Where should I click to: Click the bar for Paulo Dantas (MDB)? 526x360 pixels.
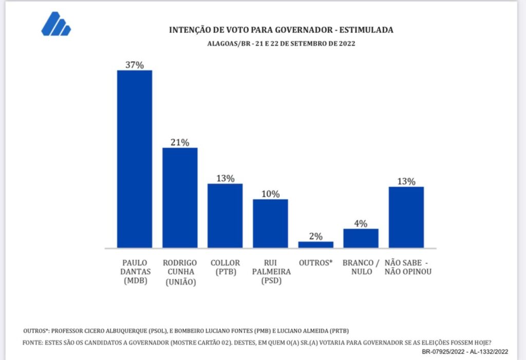pyautogui.click(x=135, y=159)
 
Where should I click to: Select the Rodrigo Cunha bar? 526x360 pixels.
pyautogui.click(x=180, y=198)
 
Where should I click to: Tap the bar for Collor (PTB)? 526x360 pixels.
pyautogui.click(x=225, y=216)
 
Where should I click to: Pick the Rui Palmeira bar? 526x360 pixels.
pyautogui.click(x=270, y=223)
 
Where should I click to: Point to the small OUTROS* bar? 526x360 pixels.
pyautogui.click(x=315, y=244)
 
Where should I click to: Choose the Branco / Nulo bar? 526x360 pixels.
pyautogui.click(x=361, y=238)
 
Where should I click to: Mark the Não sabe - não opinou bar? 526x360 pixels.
pyautogui.click(x=406, y=217)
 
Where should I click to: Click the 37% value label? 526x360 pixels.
pyautogui.click(x=135, y=65)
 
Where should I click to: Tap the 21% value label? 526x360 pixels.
pyautogui.click(x=180, y=142)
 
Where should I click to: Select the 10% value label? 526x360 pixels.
pyautogui.click(x=270, y=194)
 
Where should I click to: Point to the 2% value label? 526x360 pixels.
pyautogui.click(x=315, y=236)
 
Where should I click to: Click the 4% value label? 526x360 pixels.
pyautogui.click(x=361, y=223)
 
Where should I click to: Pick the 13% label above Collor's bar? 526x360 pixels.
pyautogui.click(x=225, y=178)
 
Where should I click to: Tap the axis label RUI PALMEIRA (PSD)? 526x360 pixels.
pyautogui.click(x=270, y=271)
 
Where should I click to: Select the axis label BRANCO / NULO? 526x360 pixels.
pyautogui.click(x=361, y=267)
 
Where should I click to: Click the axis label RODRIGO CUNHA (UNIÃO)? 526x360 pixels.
pyautogui.click(x=180, y=271)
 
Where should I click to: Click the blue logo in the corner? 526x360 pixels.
pyautogui.click(x=56, y=24)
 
